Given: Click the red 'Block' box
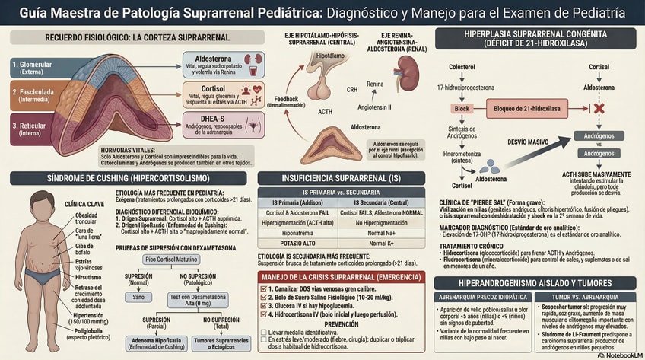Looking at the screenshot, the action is tap(462, 110).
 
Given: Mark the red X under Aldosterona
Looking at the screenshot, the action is tap(599, 109).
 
